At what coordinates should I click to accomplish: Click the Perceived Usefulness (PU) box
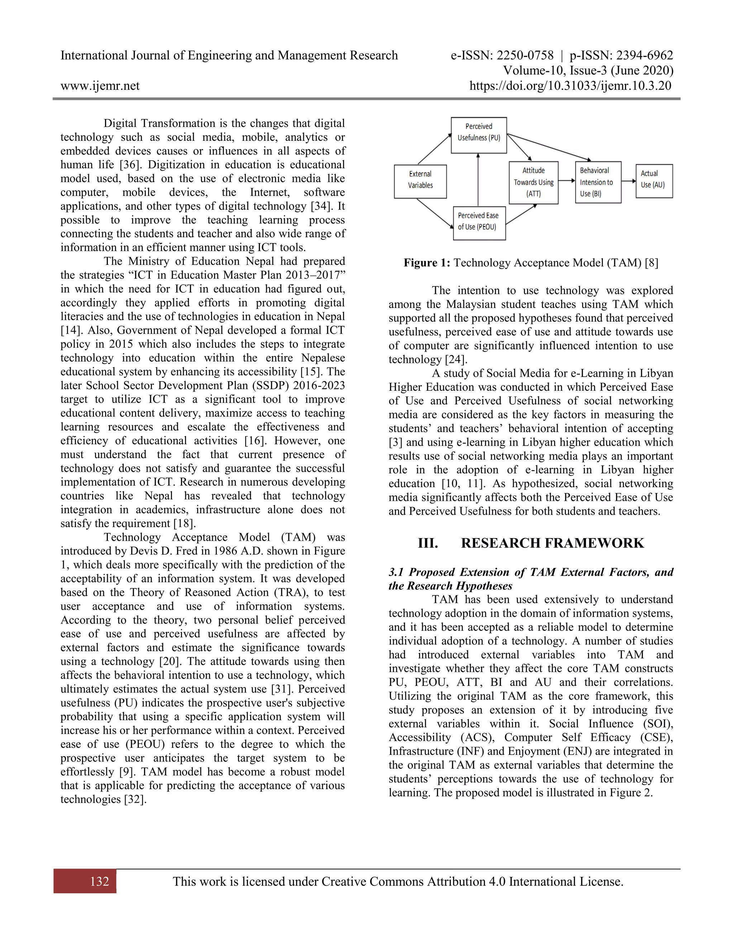point(478,135)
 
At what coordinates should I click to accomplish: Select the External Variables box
point(420,181)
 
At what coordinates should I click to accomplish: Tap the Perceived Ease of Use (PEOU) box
point(479,223)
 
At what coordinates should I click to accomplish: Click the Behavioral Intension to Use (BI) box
point(598,182)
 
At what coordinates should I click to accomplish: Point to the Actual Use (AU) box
point(654,181)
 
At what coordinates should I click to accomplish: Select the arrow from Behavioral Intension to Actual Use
point(628,181)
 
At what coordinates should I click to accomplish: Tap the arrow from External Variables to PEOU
point(435,214)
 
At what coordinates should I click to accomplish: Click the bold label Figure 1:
point(426,263)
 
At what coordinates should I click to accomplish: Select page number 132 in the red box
point(100,881)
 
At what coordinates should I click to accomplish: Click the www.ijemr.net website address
point(100,86)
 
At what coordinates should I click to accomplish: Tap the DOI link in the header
point(570,86)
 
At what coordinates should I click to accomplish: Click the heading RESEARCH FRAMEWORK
point(552,543)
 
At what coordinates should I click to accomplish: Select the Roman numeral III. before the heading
point(428,543)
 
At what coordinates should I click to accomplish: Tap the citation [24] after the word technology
point(456,360)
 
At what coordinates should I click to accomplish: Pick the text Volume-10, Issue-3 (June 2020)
point(588,71)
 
